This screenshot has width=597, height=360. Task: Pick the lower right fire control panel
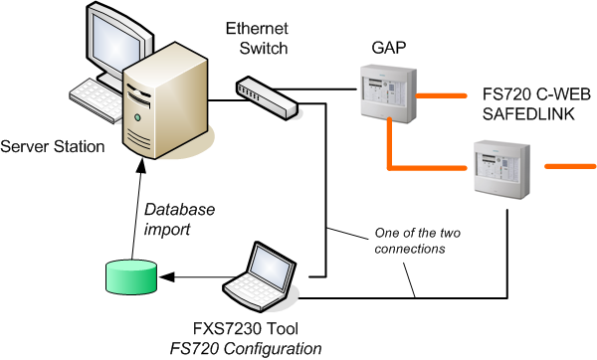coord(499,168)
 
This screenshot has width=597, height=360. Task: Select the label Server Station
coord(53,147)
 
